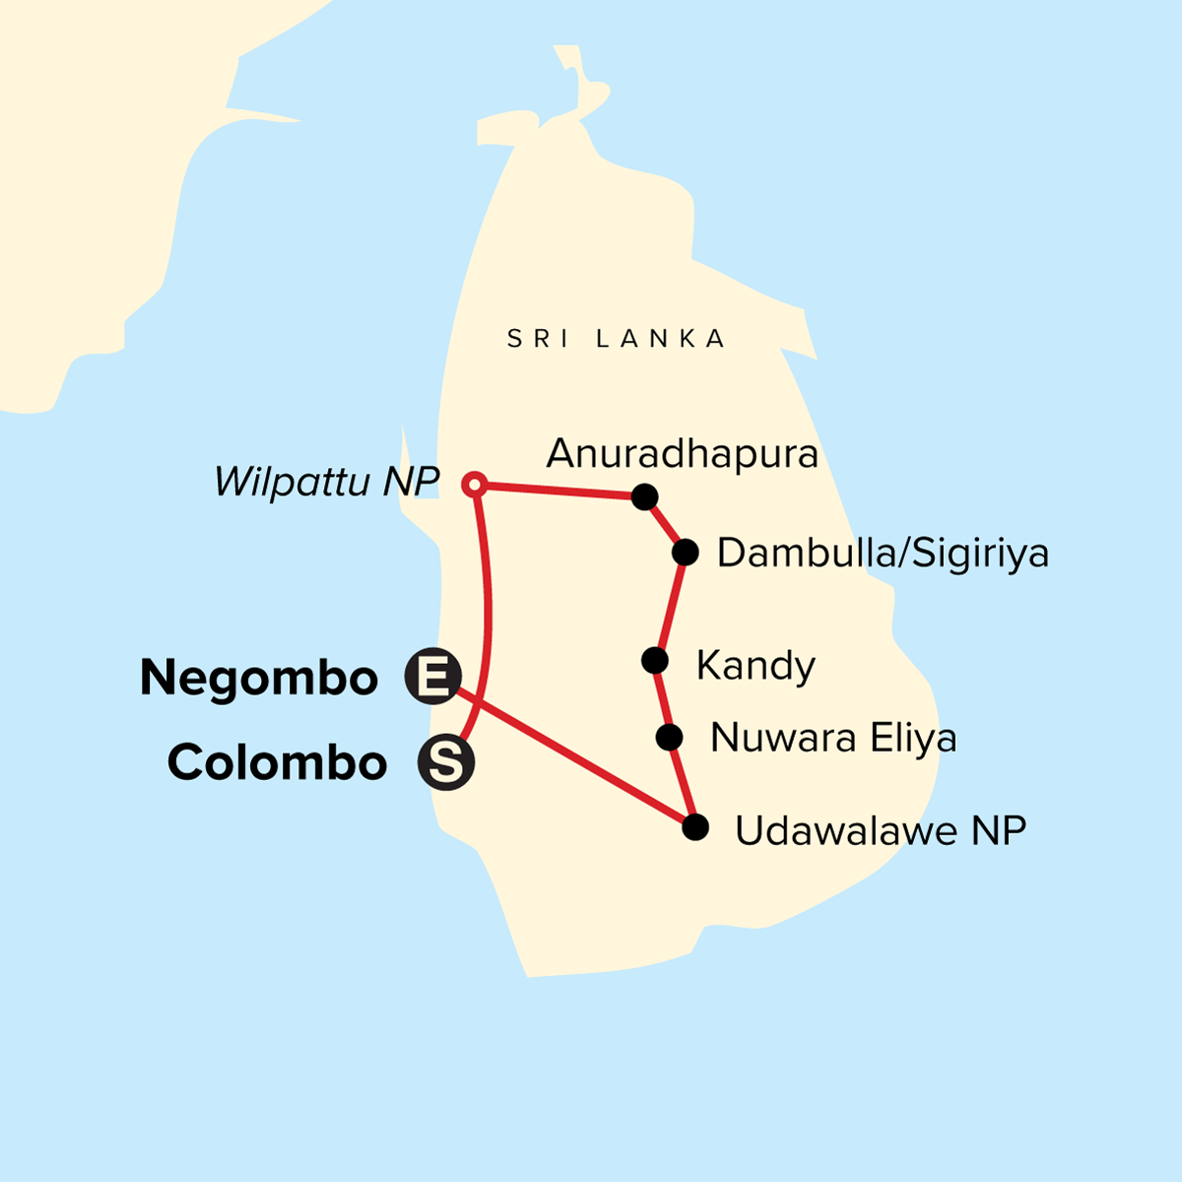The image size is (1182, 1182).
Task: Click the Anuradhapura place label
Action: click(x=682, y=454)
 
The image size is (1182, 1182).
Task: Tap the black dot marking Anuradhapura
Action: click(x=644, y=497)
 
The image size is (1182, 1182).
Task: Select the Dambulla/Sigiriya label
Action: click(x=882, y=554)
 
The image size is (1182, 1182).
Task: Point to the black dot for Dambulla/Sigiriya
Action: click(x=686, y=552)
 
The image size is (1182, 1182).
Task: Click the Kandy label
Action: click(x=755, y=666)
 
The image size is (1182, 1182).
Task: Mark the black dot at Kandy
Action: click(x=655, y=660)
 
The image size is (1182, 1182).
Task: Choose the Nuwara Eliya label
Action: click(x=832, y=738)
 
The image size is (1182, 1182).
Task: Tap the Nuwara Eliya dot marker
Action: click(x=670, y=737)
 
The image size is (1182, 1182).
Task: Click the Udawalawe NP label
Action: click(x=881, y=831)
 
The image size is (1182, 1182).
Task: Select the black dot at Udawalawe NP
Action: click(x=695, y=826)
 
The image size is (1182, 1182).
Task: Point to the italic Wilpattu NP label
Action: click(x=326, y=482)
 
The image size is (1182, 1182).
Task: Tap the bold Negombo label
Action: click(x=259, y=679)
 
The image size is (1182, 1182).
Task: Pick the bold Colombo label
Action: click(x=277, y=763)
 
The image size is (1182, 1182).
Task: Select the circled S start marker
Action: click(x=446, y=762)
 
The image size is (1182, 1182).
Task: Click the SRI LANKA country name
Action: click(x=617, y=340)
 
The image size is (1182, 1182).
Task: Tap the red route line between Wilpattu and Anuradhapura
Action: click(x=559, y=491)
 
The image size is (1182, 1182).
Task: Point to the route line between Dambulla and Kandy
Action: click(x=671, y=606)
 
